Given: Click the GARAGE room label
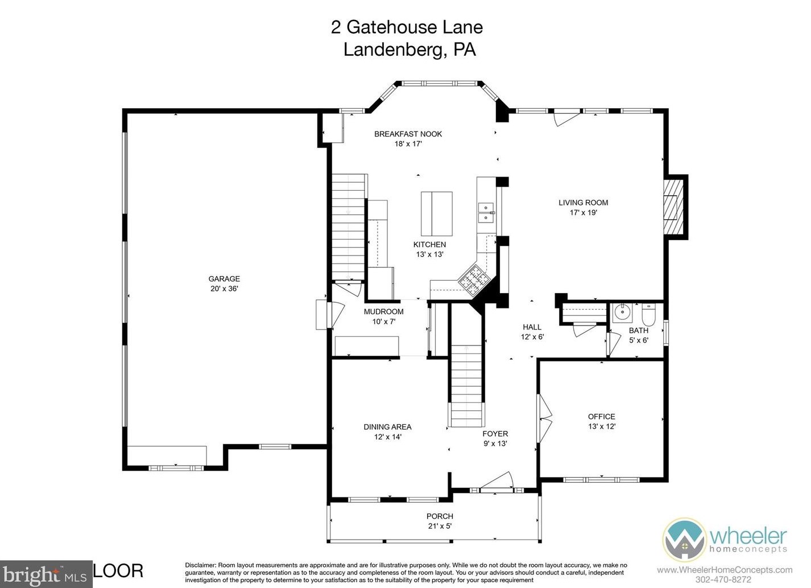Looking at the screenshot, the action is [224, 278].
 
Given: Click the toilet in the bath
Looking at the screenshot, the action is [649, 314].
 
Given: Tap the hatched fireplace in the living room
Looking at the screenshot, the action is [673, 207].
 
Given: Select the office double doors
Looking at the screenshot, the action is [545, 418].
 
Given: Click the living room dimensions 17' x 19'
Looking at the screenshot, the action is [584, 213].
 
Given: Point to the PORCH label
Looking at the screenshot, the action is [440, 516].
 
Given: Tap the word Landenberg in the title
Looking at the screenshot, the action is [392, 50].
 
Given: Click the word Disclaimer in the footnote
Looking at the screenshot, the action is [201, 565].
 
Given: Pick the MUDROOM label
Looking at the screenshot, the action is [383, 311].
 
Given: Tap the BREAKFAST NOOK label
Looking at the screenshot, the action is [408, 134].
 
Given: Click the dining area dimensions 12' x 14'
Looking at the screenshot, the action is [388, 437].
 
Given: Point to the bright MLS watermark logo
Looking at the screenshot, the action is [46, 574].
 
